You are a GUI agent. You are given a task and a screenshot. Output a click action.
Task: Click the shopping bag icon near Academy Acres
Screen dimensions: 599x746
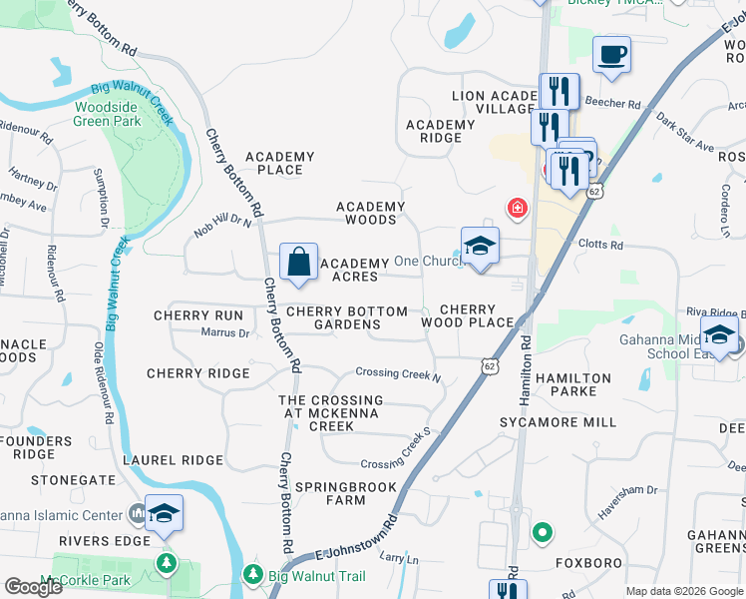coord(298,263)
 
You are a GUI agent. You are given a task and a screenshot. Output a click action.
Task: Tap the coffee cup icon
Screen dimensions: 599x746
coord(611,54)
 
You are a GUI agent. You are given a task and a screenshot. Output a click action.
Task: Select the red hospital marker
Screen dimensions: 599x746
coord(517,208)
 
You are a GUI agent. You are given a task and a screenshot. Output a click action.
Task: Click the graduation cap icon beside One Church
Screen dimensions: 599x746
coord(480,246)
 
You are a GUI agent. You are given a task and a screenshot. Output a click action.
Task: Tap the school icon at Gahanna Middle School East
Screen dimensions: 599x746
coord(719,335)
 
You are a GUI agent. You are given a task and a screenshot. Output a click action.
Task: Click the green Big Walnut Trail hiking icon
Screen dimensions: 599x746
coord(253,576)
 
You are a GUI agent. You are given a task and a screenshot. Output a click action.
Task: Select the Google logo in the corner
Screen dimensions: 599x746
coord(33,587)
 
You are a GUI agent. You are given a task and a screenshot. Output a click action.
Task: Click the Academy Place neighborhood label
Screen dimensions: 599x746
coord(279,163)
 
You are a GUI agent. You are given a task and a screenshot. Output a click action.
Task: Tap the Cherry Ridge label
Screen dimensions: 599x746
coord(197,373)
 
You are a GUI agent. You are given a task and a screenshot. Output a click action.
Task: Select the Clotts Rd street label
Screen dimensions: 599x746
coord(600,245)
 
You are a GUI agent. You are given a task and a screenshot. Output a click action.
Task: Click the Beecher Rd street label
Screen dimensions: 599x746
coord(619,103)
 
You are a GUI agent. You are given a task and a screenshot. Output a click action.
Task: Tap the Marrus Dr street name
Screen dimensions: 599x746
coord(224,332)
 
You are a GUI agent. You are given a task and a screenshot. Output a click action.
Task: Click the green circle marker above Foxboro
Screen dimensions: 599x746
coord(542,533)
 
